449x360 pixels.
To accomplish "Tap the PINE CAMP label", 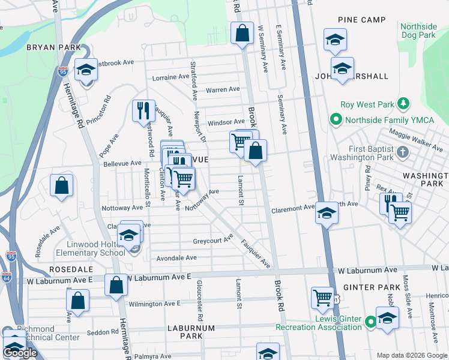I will point(361,20).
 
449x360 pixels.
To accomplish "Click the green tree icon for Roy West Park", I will point(404,104).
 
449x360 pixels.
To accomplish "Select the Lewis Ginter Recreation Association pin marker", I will point(370,323).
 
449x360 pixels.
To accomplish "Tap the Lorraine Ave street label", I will point(171,77).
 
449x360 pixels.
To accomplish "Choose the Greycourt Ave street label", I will point(212,241).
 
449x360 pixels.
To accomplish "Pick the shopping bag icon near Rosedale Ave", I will point(62,186).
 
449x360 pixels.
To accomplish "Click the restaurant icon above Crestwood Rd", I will point(143,110).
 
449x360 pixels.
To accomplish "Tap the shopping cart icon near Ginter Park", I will point(322,296).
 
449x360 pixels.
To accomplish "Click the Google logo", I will point(20,353).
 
